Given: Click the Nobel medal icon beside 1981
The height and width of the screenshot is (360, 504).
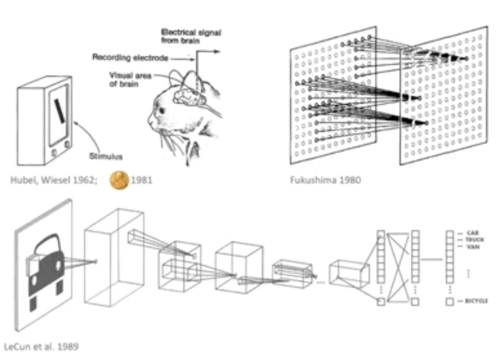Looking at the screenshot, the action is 118,180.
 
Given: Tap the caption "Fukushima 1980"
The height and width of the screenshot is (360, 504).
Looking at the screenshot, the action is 325,180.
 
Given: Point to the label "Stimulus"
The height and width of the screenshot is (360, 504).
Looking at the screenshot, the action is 105,156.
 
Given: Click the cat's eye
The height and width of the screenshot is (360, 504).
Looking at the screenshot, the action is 162,109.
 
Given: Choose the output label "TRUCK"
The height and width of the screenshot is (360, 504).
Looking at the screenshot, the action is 474,240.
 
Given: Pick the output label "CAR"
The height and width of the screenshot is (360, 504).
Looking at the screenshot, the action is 471,233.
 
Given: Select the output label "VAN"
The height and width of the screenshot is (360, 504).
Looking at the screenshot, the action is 471,247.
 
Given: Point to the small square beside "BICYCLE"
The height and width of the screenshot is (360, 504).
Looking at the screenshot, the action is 450,301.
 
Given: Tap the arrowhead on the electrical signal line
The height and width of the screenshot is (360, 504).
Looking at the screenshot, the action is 217,51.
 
